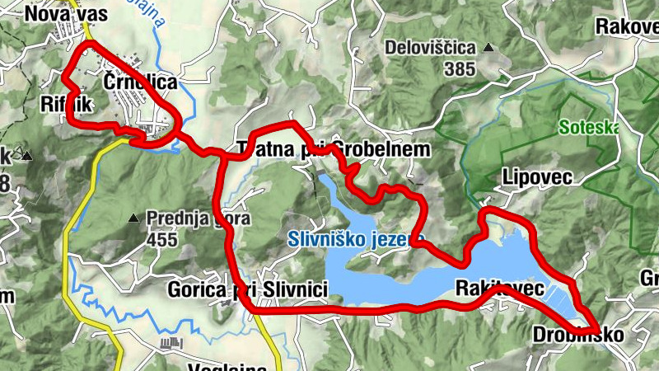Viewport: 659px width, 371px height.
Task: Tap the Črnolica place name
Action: tap(140, 82)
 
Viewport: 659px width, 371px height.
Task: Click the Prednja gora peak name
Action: tap(198, 219)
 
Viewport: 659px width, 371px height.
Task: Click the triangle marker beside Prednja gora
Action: tap(134, 218)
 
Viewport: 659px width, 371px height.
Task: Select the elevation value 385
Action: tap(459, 69)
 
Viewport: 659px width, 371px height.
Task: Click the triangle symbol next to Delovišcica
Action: tap(488, 48)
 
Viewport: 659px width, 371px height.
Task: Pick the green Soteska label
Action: tap(588, 128)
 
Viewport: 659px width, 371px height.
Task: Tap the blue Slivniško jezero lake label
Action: tap(354, 241)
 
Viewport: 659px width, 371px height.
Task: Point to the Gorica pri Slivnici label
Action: tap(247, 289)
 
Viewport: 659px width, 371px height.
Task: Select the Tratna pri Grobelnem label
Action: tap(334, 149)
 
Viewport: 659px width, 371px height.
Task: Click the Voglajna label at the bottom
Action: tap(227, 366)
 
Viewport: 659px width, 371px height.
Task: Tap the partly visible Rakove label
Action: tap(626, 26)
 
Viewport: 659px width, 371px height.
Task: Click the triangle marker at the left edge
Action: tap(27, 155)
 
